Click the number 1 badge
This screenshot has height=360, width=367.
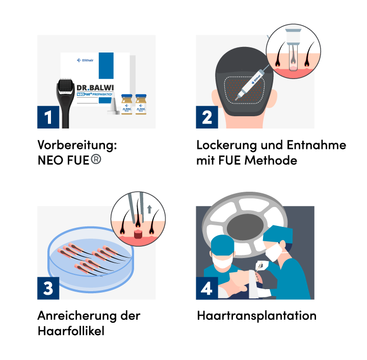48,118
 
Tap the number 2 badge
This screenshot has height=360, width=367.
207,118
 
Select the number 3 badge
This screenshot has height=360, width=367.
48,289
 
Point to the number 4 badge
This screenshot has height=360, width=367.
207,289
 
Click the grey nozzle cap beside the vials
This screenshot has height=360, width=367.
114,105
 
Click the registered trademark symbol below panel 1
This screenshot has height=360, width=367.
96,159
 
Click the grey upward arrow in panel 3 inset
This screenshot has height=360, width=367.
149,209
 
